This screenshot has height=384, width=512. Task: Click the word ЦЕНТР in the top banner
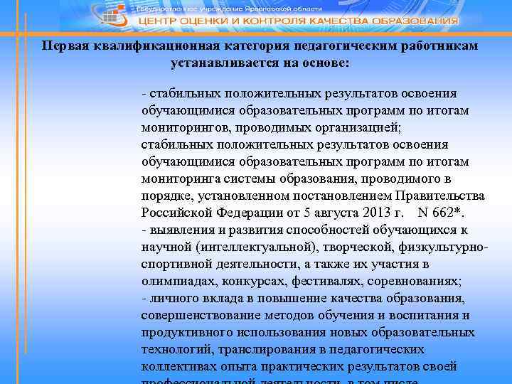tap(161, 21)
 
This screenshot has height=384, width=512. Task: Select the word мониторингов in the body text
tap(180, 127)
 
